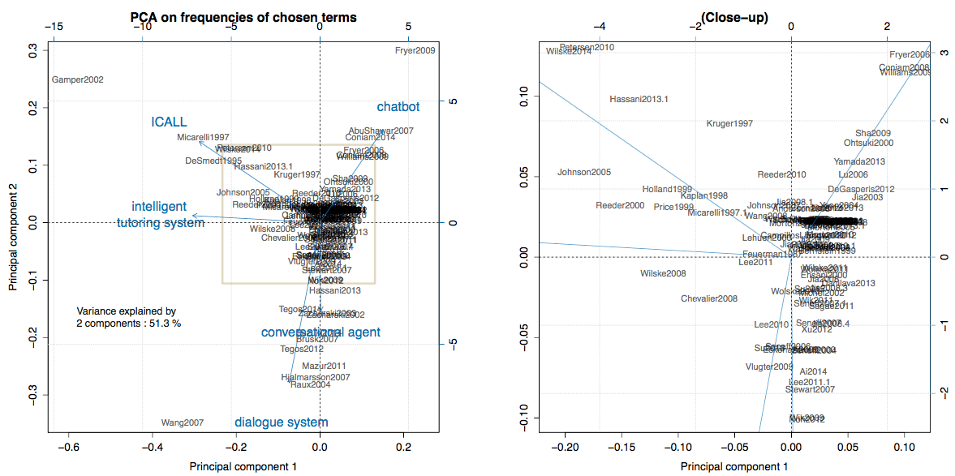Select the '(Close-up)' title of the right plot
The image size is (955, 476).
click(734, 17)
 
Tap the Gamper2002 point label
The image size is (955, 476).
click(77, 80)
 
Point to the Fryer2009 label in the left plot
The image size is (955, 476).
click(415, 50)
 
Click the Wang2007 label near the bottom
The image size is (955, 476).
click(183, 422)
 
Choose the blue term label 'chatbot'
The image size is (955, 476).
click(398, 107)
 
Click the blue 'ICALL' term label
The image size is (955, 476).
click(169, 122)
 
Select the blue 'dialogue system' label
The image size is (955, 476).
click(281, 422)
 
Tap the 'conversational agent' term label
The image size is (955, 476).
click(320, 332)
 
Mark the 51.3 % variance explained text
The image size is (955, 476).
click(128, 322)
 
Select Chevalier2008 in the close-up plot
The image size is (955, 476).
click(709, 298)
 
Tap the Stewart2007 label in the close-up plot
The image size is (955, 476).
click(810, 390)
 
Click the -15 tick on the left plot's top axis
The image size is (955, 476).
click(54, 27)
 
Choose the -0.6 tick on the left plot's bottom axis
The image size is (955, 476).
click(70, 447)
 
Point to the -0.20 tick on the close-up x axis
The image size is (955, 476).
click(565, 447)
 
